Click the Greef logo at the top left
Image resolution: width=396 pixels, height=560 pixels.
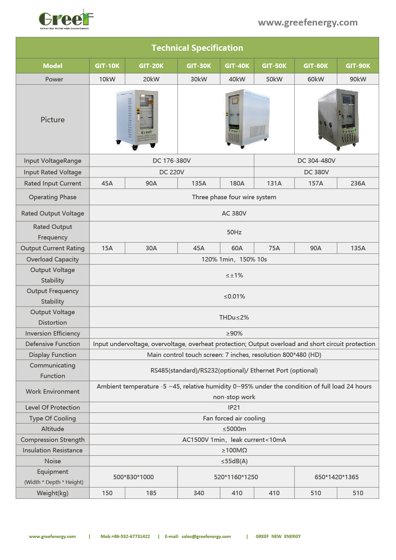click(66, 20)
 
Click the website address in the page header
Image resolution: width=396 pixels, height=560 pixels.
click(308, 22)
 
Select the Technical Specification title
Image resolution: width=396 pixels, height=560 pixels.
click(197, 48)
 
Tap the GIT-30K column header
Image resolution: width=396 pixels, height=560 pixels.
click(199, 66)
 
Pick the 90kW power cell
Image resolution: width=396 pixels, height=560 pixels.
click(358, 79)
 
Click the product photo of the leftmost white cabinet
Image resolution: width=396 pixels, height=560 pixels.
click(137, 119)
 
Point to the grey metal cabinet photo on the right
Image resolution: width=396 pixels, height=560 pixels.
click(338, 119)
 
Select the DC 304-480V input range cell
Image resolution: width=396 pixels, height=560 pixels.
click(316, 161)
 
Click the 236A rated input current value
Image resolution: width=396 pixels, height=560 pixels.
click(358, 183)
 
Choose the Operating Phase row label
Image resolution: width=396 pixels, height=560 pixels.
click(53, 197)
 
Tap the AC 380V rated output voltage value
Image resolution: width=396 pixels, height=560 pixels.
click(234, 213)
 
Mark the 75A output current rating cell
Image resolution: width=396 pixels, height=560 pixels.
click(274, 248)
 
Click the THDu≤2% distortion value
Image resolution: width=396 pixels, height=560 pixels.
click(234, 317)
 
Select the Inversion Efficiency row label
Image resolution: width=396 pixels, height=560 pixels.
click(53, 333)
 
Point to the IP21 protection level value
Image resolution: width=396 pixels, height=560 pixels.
click(234, 407)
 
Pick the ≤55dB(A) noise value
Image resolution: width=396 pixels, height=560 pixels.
click(234, 461)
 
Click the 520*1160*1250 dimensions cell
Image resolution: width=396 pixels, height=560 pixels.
click(236, 477)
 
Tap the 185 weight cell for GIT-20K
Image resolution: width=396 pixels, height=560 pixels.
click(151, 493)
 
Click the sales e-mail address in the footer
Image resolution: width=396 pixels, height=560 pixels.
click(206, 536)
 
